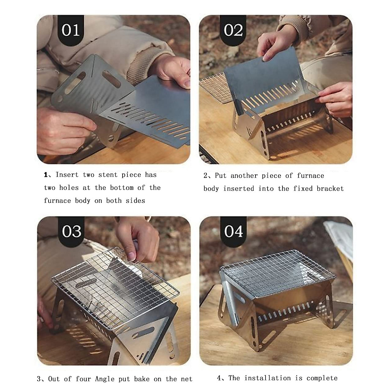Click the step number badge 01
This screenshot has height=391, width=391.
71,30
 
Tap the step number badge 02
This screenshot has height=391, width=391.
233,30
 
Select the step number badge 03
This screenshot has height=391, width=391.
71,231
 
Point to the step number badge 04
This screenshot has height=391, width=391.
233,231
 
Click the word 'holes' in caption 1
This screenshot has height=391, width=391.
75,188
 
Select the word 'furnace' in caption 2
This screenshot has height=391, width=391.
311,176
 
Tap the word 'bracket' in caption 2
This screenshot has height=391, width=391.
330,189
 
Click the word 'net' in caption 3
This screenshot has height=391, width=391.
186,379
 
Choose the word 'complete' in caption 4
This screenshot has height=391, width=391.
322,378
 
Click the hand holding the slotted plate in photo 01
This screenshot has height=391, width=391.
173,70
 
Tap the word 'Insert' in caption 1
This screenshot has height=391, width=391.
67,175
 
